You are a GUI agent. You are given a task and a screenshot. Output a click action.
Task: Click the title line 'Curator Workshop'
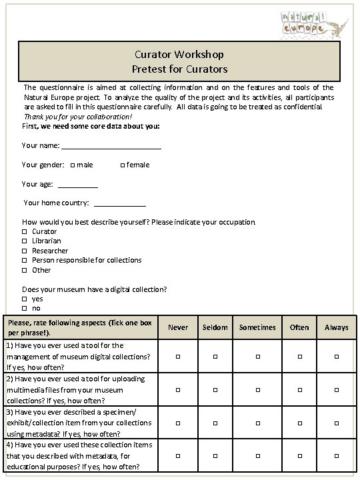[x=179, y=55]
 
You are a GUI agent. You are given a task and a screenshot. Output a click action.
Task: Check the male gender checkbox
[x=72, y=165]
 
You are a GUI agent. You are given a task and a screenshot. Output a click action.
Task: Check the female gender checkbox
[x=122, y=165]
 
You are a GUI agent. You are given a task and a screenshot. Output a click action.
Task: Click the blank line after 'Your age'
[x=78, y=185]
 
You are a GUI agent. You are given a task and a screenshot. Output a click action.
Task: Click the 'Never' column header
[x=178, y=327]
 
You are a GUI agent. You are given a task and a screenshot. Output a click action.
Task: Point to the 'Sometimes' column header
[x=257, y=327]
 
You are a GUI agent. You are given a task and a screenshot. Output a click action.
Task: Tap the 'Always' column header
[x=336, y=327]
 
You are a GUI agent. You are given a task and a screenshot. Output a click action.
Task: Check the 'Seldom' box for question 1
[x=215, y=357]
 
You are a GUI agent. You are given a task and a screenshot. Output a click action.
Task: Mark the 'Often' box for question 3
[x=299, y=423]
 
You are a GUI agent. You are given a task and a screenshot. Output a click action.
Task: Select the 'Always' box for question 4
[x=336, y=455]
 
